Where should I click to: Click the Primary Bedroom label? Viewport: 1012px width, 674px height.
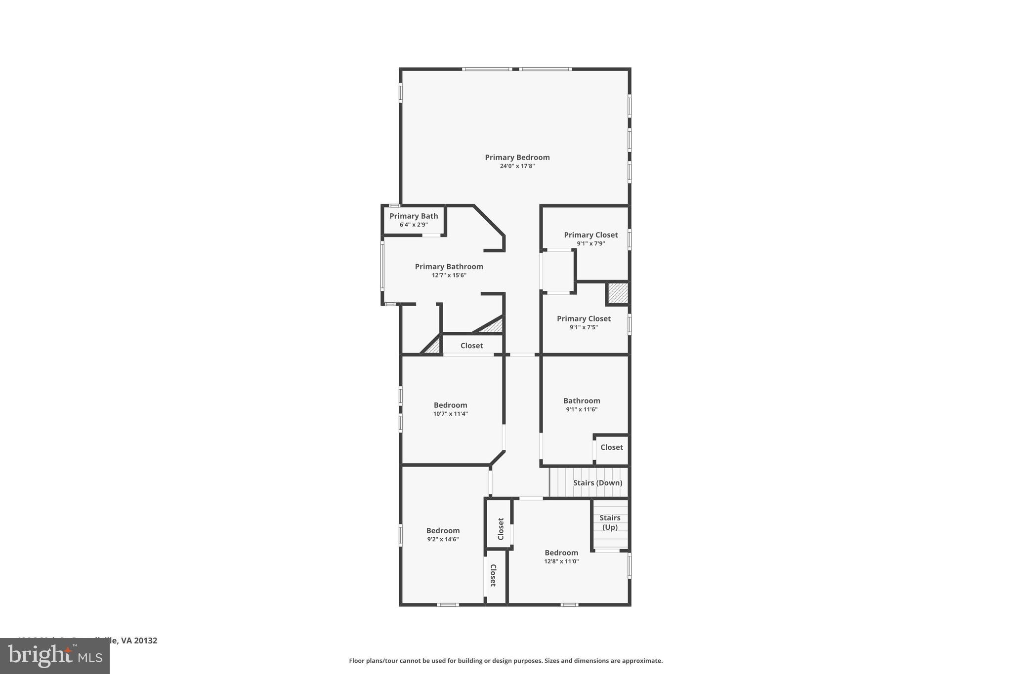[x=517, y=158]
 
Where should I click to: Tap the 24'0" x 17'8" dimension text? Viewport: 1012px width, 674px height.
[x=517, y=166]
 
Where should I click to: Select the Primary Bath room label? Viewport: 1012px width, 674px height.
[x=414, y=216]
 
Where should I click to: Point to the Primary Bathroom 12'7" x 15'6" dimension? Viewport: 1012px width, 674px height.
[x=449, y=276]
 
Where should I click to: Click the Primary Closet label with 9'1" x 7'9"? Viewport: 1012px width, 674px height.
[x=590, y=235]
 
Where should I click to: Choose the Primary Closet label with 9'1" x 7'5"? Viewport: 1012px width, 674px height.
[x=584, y=319]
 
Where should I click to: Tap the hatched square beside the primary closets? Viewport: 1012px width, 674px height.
[x=618, y=293]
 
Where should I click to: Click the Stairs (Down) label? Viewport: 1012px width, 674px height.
[x=597, y=483]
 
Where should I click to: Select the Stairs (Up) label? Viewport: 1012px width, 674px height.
[x=610, y=522]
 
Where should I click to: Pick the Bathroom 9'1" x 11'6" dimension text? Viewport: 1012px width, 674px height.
[x=582, y=409]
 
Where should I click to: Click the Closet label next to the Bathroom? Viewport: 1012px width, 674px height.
[x=611, y=447]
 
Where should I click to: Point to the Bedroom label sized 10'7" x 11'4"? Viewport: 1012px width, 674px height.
[x=450, y=405]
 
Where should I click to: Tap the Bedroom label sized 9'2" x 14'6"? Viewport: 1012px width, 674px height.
[x=443, y=531]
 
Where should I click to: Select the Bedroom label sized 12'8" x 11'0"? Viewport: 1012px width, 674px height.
[x=561, y=553]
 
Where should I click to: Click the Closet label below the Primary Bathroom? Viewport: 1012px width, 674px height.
[x=471, y=346]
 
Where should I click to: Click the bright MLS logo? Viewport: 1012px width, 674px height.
[x=55, y=656]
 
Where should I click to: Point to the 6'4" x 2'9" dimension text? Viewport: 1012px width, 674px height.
[x=414, y=225]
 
